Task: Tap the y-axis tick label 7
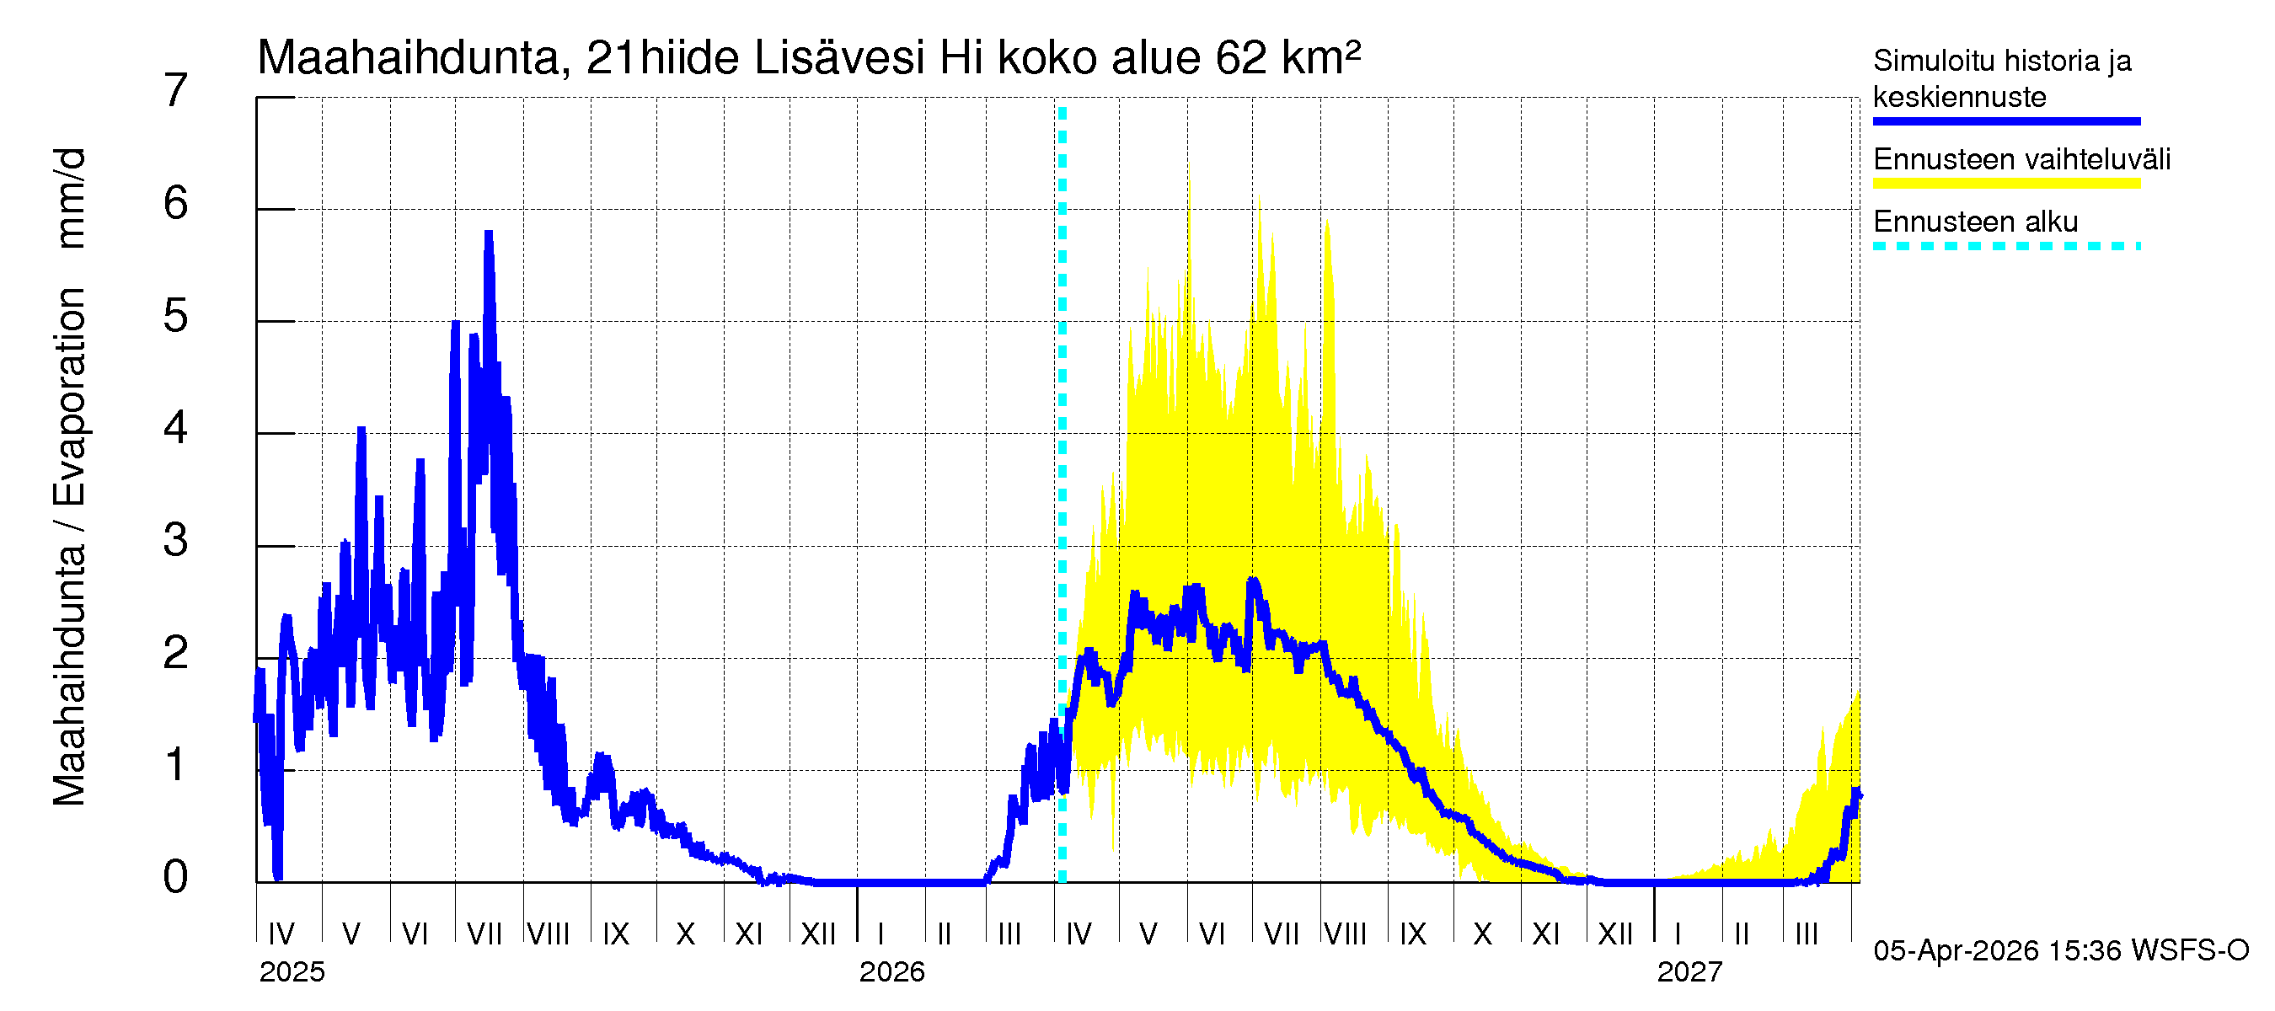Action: coord(176,91)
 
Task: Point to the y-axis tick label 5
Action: coord(176,316)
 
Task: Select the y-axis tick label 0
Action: coord(176,877)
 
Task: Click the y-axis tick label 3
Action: coord(176,540)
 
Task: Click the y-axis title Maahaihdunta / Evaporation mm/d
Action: coord(70,477)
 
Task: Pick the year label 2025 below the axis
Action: coord(292,972)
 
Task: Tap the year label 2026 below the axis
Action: coord(891,972)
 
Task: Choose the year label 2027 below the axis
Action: coord(1689,972)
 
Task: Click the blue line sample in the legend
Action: coord(2005,121)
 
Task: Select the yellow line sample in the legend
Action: coord(2005,184)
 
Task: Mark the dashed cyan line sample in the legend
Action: coord(2005,246)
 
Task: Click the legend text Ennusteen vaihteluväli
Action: coord(2021,160)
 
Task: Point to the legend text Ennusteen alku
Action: coord(1975,222)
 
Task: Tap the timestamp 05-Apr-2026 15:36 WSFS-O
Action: coord(2060,951)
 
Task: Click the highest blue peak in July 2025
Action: coord(489,234)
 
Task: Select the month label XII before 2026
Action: coord(818,933)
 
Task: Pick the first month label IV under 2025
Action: coord(281,933)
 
